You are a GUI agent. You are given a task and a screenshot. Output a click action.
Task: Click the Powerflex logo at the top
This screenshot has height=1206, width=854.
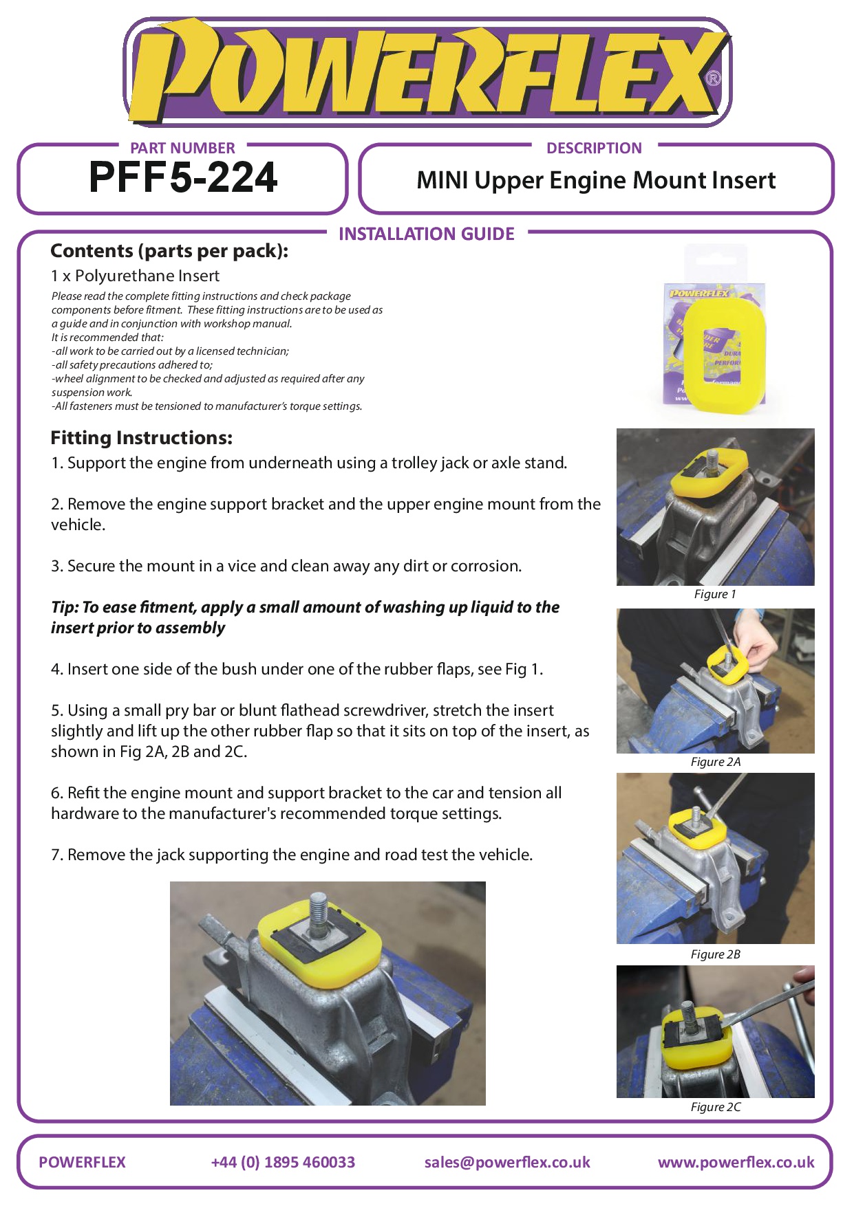(427, 72)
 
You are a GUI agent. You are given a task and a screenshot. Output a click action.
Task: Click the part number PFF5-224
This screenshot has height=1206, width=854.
(183, 177)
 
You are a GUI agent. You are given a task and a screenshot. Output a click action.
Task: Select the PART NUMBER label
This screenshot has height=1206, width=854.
(182, 148)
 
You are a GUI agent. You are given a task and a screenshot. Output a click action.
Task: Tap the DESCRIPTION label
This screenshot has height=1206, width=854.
(594, 148)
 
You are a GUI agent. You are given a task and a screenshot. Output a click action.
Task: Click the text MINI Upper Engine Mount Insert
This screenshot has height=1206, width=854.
(596, 180)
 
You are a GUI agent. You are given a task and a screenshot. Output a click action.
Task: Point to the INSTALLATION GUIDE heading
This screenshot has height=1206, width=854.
(427, 234)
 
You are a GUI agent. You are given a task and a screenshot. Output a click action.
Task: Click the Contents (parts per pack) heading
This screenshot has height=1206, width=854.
(169, 251)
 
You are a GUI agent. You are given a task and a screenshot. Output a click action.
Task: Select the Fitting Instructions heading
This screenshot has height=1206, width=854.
(142, 438)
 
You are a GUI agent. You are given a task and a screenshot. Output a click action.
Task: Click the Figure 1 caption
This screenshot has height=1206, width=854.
(715, 594)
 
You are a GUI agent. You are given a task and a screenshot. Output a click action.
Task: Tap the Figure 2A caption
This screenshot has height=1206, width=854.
(716, 762)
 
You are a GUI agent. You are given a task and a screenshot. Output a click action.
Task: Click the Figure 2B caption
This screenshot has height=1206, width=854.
(716, 954)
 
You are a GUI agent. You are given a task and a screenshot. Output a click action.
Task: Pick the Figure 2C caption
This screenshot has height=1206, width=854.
(716, 1107)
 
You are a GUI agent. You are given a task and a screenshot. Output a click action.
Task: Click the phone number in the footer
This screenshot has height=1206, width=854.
(283, 1162)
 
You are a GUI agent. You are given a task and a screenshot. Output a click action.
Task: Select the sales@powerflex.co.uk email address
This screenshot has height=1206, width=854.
(507, 1162)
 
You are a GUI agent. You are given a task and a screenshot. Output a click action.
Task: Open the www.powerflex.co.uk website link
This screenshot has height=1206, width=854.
(736, 1162)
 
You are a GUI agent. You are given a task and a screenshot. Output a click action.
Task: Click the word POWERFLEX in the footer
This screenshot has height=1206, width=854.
(82, 1162)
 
